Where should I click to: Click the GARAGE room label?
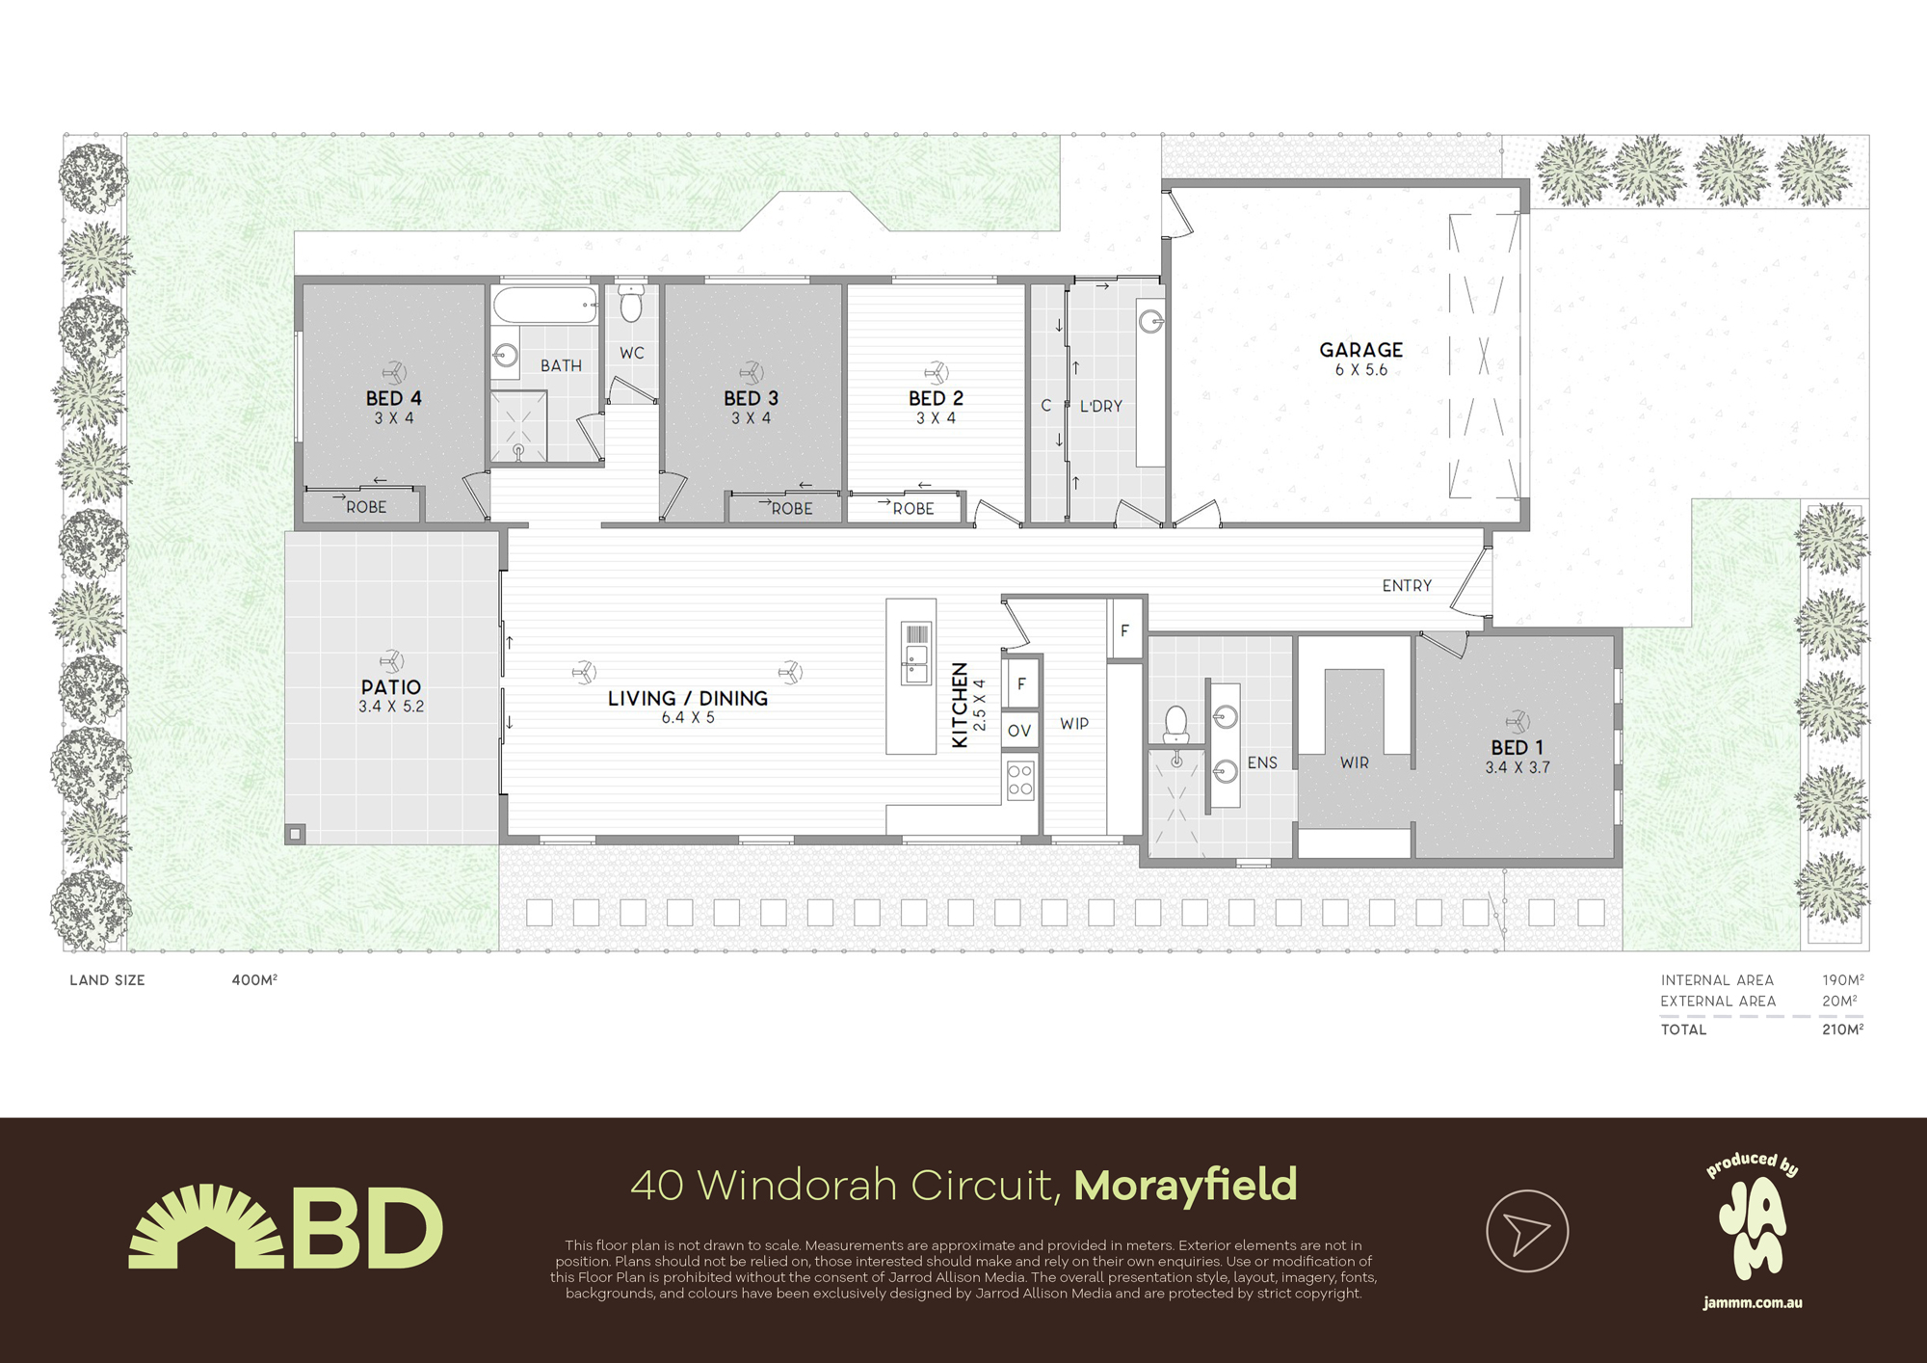coord(1360,350)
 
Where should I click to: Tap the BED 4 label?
coord(393,398)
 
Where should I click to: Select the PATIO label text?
coord(391,687)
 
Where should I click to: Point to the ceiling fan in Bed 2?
coord(936,372)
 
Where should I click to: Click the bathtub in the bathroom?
coord(545,306)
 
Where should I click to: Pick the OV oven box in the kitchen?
coord(1019,731)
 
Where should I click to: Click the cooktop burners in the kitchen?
coord(1020,781)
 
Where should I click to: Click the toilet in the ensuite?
coord(1175,724)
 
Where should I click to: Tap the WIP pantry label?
coord(1074,724)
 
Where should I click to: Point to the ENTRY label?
coord(1407,585)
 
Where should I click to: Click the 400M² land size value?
coord(254,979)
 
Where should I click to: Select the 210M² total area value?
coord(1842,1029)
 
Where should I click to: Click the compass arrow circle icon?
coord(1527,1231)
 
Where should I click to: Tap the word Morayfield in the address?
coord(1186,1186)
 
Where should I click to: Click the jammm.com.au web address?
coord(1752,1303)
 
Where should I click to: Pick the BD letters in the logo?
coord(367,1228)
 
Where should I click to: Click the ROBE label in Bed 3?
coord(791,509)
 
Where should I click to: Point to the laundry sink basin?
coord(1151,321)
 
